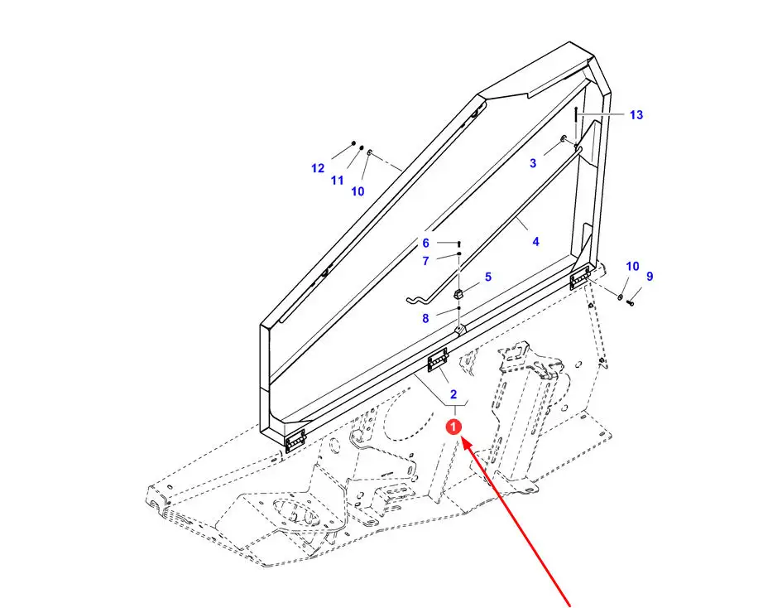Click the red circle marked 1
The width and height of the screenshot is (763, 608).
click(453, 427)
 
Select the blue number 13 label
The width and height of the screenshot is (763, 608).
click(636, 115)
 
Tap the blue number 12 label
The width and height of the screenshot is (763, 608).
click(318, 168)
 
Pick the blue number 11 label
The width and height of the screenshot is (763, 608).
click(337, 181)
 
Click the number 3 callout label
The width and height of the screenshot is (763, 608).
click(533, 163)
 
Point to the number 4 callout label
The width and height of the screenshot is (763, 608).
click(535, 242)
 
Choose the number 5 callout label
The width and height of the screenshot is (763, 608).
click(488, 277)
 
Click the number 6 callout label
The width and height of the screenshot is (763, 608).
click(426, 243)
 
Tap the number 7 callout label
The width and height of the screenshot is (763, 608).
click(426, 261)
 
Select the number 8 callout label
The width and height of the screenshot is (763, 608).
click(425, 319)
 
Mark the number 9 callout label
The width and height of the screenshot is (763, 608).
click(650, 276)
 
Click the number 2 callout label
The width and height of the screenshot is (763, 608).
click(453, 394)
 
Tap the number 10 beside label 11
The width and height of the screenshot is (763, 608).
click(358, 191)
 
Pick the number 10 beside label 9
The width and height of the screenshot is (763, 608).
click(632, 267)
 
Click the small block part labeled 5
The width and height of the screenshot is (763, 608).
click(458, 294)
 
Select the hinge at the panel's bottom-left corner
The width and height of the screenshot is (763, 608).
click(295, 441)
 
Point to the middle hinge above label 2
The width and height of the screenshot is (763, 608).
click(438, 360)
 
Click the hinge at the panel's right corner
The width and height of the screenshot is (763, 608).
click(580, 278)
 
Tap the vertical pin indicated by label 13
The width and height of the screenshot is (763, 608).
click(575, 125)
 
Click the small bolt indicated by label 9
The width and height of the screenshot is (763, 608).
click(631, 303)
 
